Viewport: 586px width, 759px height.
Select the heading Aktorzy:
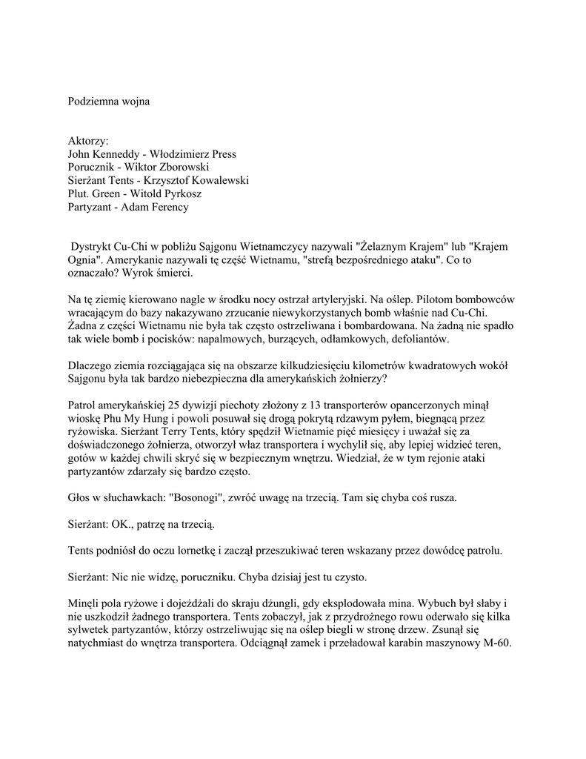pos(88,141)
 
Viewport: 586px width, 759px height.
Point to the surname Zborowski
pos(183,168)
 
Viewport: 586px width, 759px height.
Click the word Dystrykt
pos(92,246)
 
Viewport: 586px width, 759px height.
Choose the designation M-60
pos(496,643)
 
